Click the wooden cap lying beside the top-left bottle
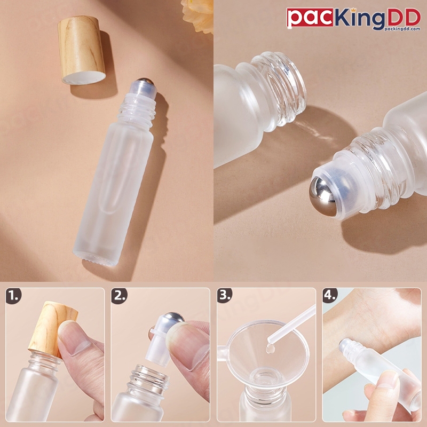point(82,50)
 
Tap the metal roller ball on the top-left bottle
point(145,82)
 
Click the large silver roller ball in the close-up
point(323,196)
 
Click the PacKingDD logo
point(353,19)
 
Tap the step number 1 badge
point(14,296)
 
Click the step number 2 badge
point(119,296)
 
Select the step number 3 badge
point(225,296)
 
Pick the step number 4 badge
point(330,296)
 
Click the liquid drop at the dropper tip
point(270,349)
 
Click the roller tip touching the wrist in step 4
point(345,345)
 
